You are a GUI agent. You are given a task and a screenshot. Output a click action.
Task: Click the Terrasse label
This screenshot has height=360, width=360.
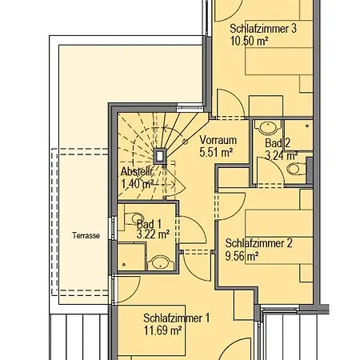86,235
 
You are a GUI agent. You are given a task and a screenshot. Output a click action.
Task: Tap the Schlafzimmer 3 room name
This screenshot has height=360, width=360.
263,29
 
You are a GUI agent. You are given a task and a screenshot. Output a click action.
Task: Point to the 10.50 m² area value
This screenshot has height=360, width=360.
249,41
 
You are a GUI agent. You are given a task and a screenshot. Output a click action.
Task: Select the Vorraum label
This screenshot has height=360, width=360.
218,140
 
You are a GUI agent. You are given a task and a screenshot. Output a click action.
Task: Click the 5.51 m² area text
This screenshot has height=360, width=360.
216,152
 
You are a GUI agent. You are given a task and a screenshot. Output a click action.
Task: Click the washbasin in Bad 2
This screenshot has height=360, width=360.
268,127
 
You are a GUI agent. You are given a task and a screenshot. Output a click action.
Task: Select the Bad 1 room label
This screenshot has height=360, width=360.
149,224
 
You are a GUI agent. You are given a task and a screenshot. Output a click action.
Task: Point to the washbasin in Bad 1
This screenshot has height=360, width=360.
161,262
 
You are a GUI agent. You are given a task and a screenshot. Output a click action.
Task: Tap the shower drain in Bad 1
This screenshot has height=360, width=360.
124,265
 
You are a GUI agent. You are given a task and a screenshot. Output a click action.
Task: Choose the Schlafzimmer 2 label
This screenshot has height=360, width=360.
258,243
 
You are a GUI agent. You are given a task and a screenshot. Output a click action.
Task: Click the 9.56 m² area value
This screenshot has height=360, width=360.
242,256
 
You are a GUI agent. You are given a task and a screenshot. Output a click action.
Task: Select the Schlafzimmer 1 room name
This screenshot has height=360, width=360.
177,318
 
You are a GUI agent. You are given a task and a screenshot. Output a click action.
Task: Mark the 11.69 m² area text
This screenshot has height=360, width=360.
162,330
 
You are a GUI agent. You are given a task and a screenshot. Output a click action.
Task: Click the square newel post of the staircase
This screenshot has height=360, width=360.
160,156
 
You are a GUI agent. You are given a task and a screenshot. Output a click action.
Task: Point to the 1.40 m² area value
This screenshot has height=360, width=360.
138,184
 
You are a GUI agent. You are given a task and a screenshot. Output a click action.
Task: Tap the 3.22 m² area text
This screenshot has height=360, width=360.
153,234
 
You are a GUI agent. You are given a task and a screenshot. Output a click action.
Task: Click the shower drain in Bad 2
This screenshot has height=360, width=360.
307,126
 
